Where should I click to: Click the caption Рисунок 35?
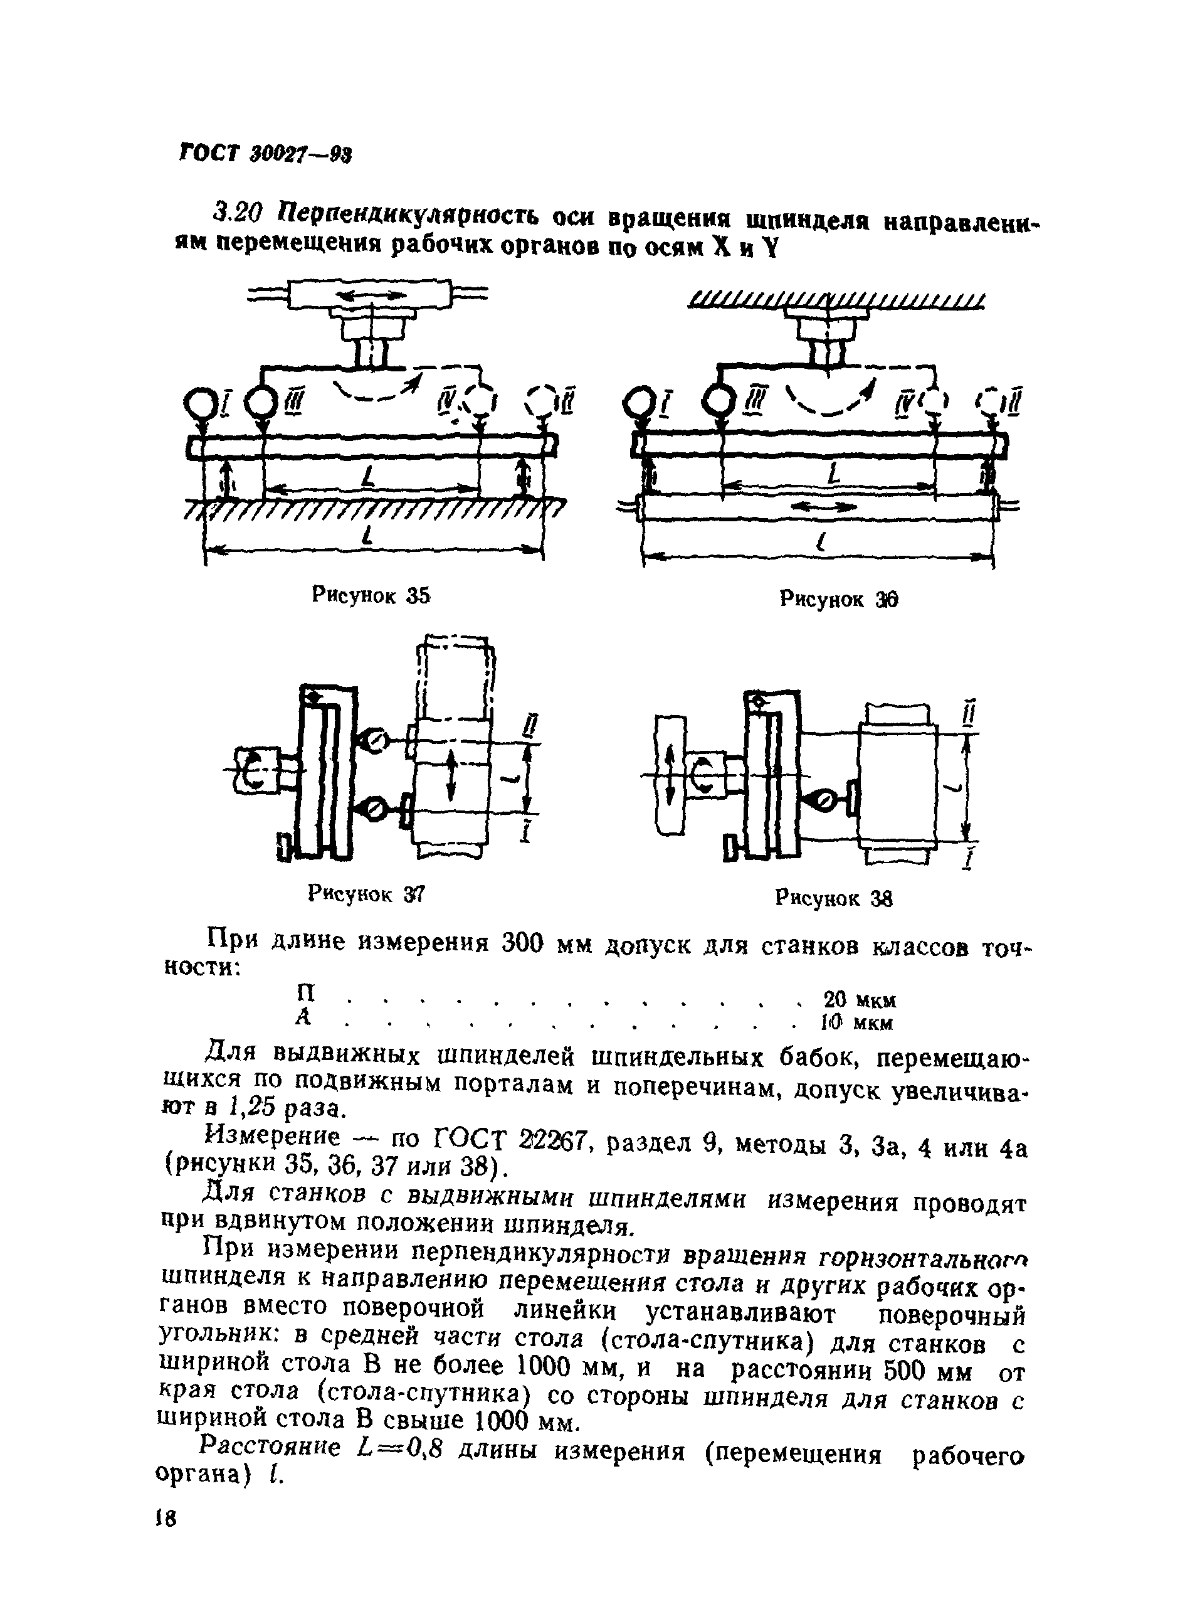[371, 595]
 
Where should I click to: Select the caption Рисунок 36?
[838, 599]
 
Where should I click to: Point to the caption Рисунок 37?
[366, 894]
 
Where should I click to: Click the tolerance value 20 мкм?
[860, 999]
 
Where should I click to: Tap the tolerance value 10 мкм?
[857, 1022]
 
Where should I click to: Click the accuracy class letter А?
[304, 1017]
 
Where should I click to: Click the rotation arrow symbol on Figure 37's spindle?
[253, 770]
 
